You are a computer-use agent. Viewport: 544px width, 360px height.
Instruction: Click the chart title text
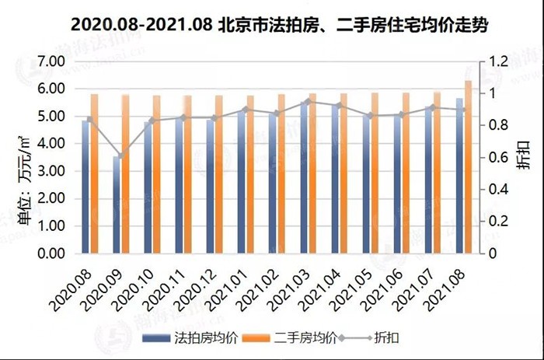[x=273, y=23]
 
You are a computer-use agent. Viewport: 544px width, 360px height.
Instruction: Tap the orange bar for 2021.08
[x=468, y=167]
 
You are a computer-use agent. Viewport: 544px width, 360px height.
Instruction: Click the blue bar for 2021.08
[x=459, y=176]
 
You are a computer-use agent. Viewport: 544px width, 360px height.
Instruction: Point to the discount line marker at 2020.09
[x=120, y=156]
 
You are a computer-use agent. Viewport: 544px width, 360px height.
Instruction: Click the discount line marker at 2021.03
[x=307, y=101]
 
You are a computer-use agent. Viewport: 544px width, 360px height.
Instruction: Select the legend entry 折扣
[x=378, y=337]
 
